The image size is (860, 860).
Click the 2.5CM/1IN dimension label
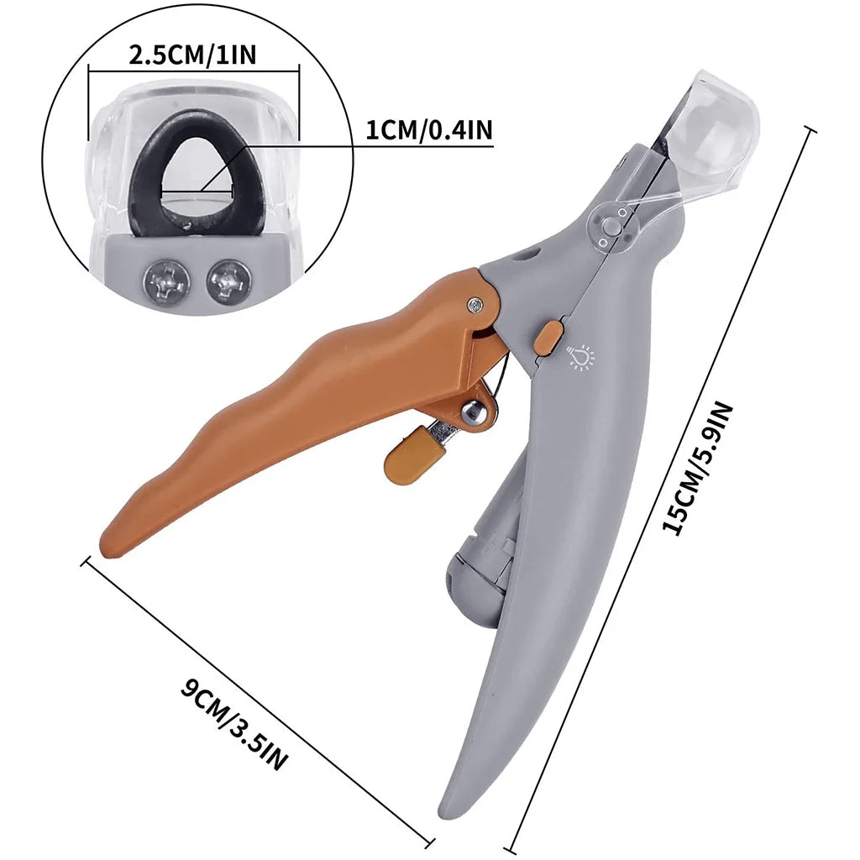click(193, 55)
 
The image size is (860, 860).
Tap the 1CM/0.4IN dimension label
click(429, 130)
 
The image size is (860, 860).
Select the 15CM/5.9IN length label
click(698, 469)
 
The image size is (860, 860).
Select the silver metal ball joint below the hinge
click(470, 412)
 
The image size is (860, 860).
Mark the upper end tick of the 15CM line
click(810, 128)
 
